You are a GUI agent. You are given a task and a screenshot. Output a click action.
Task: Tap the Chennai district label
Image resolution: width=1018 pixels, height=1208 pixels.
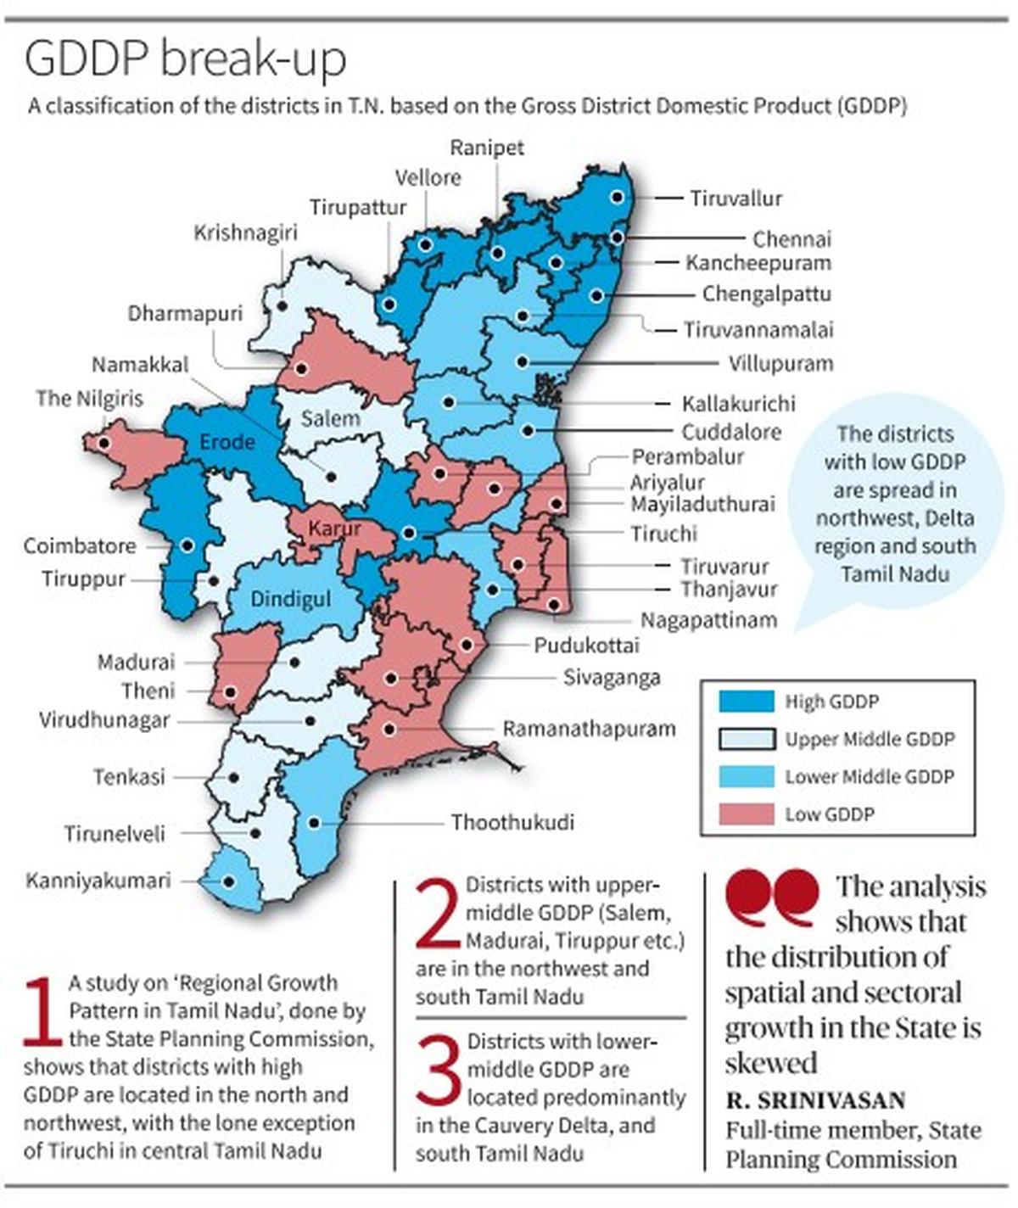click(791, 239)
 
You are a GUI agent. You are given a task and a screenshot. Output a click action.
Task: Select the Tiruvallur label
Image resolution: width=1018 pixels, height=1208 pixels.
click(736, 199)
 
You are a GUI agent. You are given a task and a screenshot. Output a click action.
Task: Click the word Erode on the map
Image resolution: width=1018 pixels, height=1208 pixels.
click(227, 442)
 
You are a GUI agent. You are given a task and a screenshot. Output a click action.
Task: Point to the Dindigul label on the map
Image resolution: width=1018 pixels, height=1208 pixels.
click(290, 599)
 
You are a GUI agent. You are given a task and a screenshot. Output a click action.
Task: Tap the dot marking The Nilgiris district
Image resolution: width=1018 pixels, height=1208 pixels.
click(103, 443)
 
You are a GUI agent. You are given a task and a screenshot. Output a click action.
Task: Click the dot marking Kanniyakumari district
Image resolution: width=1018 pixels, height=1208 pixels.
click(228, 881)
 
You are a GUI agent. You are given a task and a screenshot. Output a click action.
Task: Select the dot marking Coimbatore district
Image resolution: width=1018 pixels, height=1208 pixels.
click(187, 545)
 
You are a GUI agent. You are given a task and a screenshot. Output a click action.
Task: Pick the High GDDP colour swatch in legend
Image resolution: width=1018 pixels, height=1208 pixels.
click(746, 702)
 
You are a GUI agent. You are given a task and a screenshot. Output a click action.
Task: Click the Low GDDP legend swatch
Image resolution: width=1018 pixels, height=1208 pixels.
click(746, 814)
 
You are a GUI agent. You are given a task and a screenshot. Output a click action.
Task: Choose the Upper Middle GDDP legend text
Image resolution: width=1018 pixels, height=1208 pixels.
click(870, 740)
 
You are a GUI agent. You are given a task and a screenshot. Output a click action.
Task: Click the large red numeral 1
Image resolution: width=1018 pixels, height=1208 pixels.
click(42, 1011)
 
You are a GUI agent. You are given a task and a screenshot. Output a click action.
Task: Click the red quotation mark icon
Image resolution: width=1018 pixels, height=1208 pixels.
click(772, 897)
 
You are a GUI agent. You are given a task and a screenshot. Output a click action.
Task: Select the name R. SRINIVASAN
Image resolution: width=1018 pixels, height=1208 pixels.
click(815, 1100)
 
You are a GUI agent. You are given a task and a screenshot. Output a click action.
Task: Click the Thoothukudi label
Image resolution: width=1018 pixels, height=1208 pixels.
click(512, 822)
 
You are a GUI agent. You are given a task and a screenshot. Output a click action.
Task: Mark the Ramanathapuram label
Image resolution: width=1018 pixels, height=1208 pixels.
click(589, 729)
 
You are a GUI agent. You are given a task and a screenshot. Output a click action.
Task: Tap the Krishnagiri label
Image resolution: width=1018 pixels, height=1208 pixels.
click(245, 232)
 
